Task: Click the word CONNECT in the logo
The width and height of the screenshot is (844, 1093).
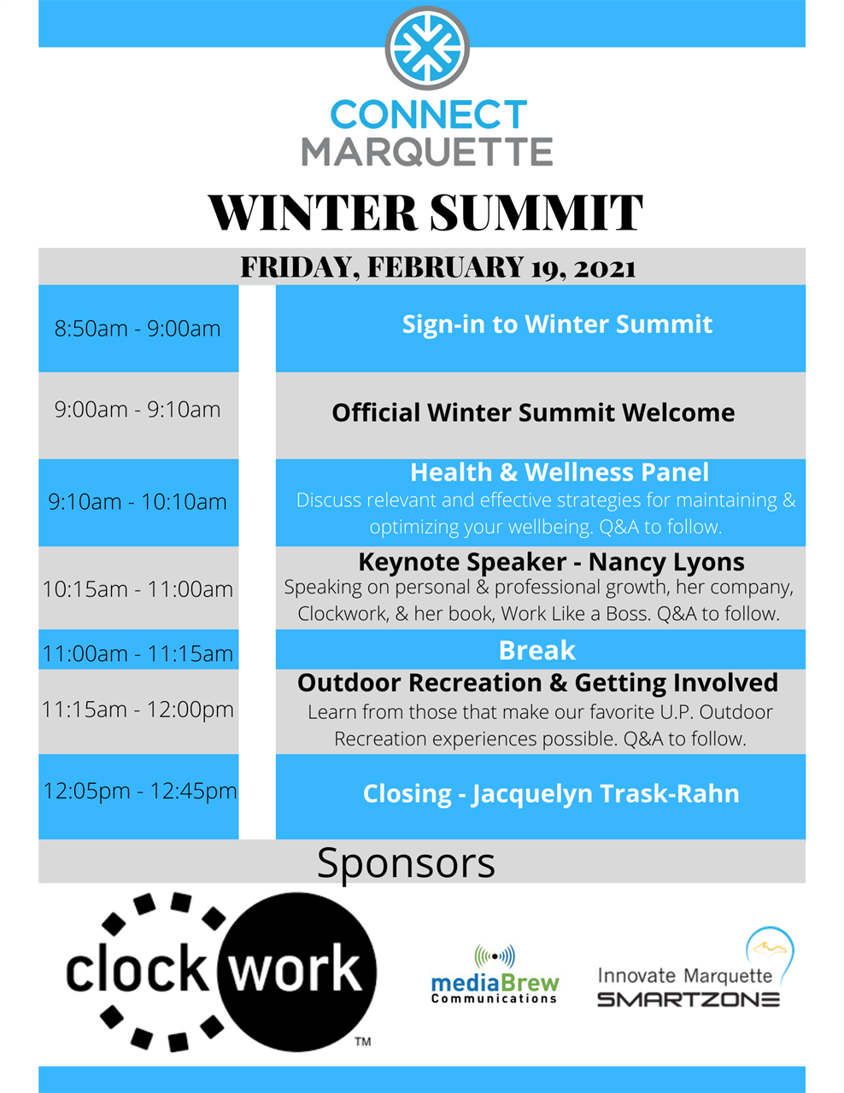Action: coord(428,115)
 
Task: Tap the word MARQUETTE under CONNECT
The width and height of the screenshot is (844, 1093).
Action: coord(427,152)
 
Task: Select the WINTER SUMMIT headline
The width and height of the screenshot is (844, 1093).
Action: coord(425,213)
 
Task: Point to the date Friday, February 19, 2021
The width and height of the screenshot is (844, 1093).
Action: coord(437,267)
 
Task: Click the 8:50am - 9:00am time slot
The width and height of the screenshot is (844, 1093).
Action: coord(138,329)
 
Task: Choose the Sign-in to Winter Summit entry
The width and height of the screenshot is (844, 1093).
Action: coord(557,324)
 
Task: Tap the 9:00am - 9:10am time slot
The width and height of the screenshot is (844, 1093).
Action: coord(138,410)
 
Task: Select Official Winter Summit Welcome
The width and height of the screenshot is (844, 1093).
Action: coord(533,413)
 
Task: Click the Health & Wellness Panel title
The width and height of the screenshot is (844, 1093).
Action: coord(560,472)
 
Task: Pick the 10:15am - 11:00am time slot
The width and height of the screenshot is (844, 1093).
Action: coord(138,589)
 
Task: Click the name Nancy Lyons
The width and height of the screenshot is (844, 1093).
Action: coord(666,562)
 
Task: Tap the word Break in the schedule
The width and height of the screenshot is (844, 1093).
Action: coord(537,651)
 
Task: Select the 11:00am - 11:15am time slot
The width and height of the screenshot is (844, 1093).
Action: coord(138,654)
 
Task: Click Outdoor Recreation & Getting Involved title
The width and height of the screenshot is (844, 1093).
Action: coord(537,683)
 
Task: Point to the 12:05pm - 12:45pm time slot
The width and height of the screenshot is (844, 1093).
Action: coord(139,791)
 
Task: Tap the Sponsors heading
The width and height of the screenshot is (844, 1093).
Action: coord(406,862)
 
